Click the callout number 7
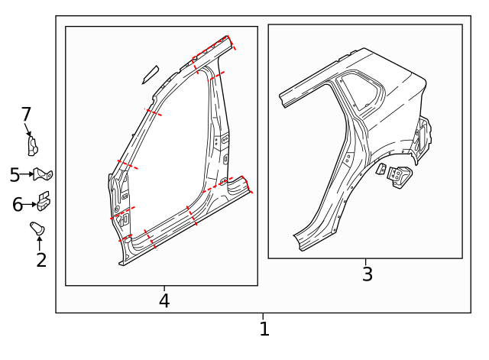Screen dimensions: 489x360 pyautogui.click(x=26, y=114)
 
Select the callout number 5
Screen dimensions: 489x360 pyautogui.click(x=15, y=175)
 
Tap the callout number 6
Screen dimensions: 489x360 pyautogui.click(x=18, y=205)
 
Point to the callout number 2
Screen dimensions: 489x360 pyautogui.click(x=41, y=260)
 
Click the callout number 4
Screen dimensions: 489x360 pyautogui.click(x=164, y=300)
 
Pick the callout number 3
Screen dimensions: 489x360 pyautogui.click(x=368, y=274)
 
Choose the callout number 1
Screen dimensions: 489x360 pyautogui.click(x=264, y=329)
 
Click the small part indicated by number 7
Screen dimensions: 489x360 pyautogui.click(x=33, y=146)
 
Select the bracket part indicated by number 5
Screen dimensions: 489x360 pyautogui.click(x=43, y=174)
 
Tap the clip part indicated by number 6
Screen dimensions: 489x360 pyautogui.click(x=44, y=202)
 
